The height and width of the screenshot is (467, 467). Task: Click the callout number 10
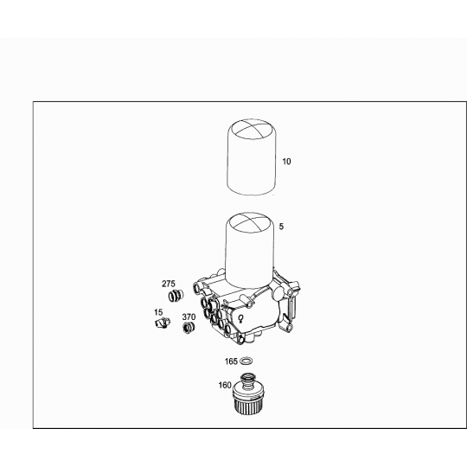coord(286,162)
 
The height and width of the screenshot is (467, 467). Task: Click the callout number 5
coord(282,226)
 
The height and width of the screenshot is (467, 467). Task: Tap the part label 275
coord(169,283)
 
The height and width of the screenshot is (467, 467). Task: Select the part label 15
coord(158,311)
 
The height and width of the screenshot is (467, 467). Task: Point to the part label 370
coord(189,317)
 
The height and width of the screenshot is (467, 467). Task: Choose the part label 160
coord(224,387)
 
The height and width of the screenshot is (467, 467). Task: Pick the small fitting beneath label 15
coord(159,323)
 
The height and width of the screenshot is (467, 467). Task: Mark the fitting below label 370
coord(188,329)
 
